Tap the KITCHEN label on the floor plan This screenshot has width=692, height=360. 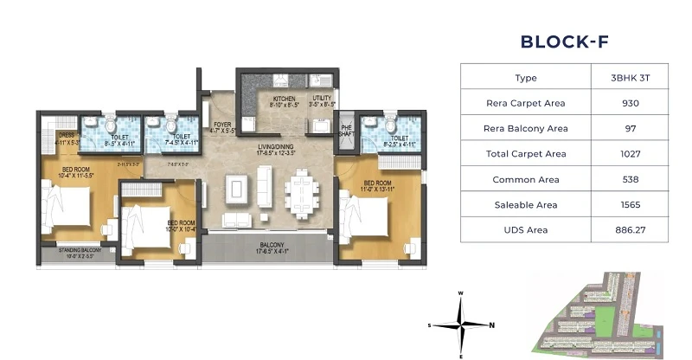284,100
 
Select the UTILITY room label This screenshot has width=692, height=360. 323,100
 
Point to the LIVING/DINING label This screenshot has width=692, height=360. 276,147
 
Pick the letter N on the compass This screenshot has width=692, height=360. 491,325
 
